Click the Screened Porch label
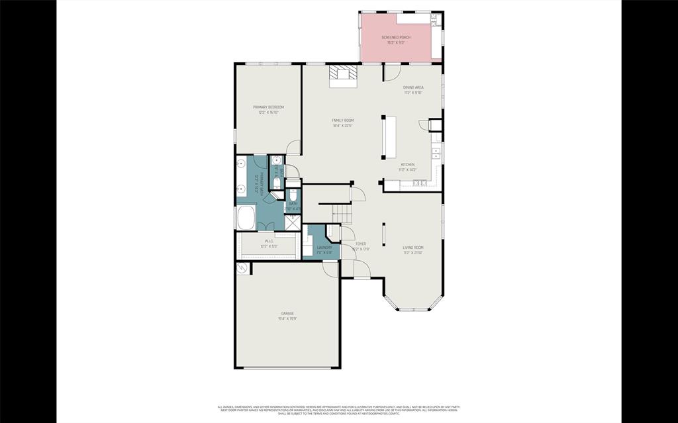[x=396, y=38]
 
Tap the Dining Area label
[x=414, y=87]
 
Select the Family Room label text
[x=342, y=120]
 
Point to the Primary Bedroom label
[x=268, y=107]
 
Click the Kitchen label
[x=407, y=165]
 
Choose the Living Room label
[x=413, y=248]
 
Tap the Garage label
[x=287, y=314]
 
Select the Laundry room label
[x=324, y=248]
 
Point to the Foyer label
[x=361, y=244]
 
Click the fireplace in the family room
[x=344, y=74]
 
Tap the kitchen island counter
[x=389, y=138]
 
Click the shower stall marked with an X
[x=293, y=222]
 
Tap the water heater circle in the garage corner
[x=242, y=268]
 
